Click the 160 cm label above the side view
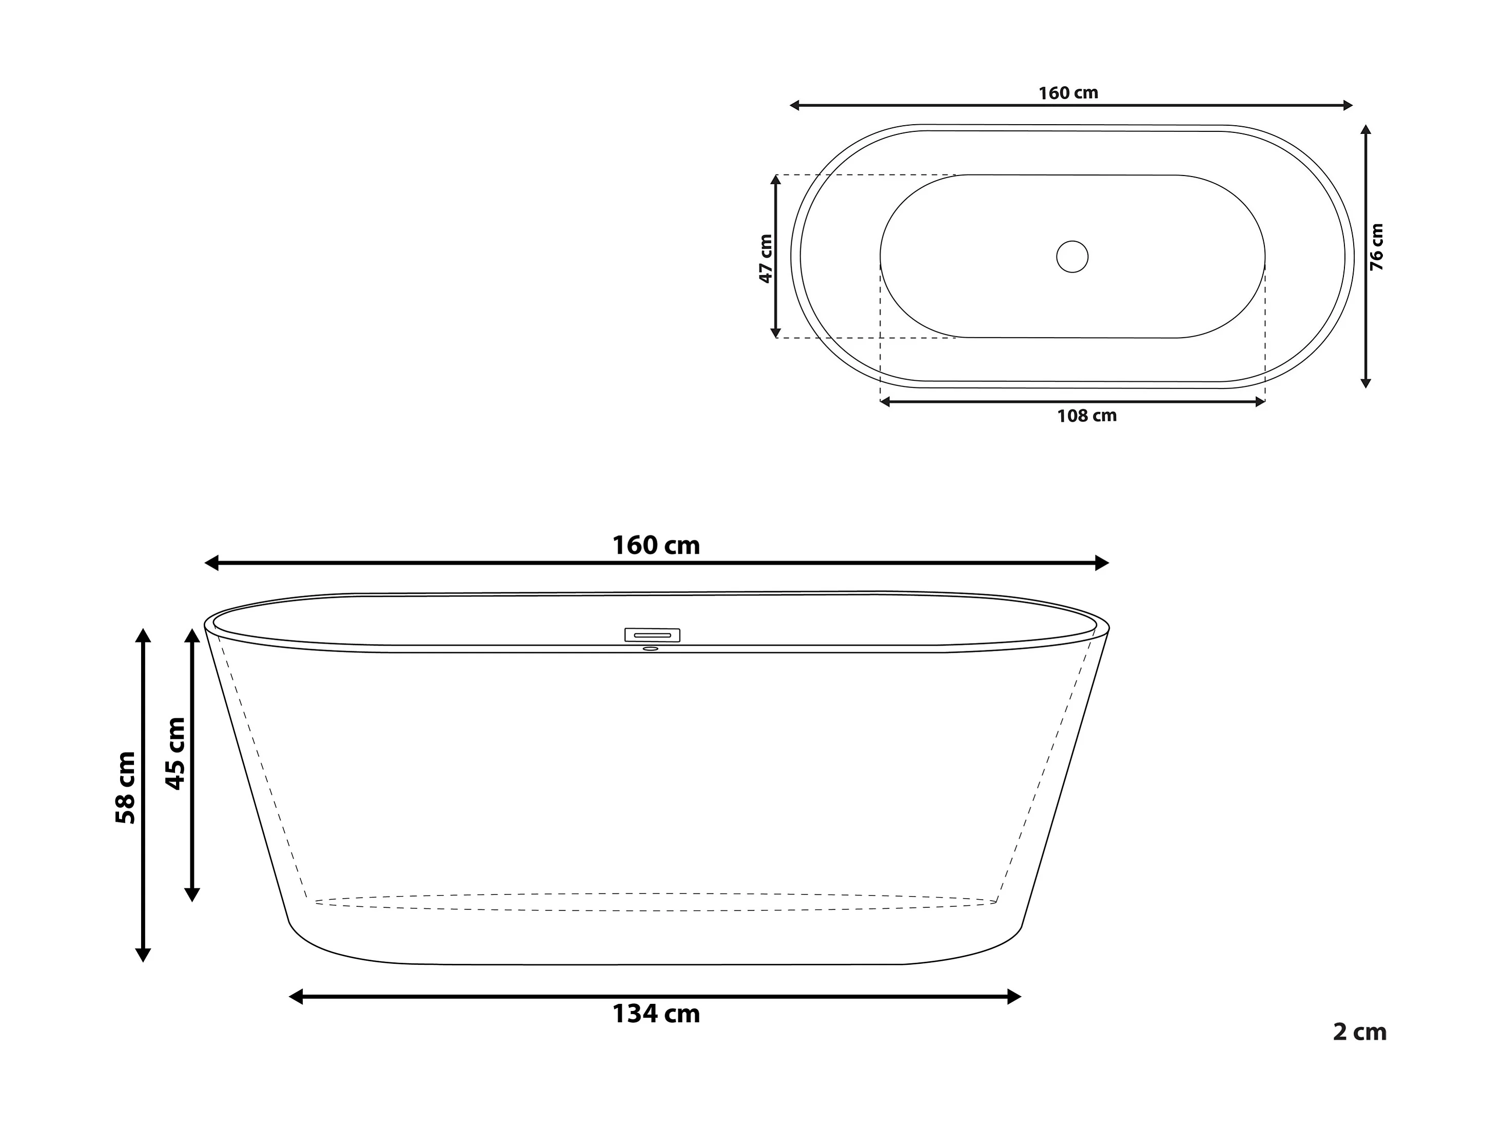656,545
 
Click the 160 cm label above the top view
1068,93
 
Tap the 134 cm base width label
656,1014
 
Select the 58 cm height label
126,788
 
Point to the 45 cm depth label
175,753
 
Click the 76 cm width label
1377,247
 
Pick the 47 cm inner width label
766,258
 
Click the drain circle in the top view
1072,256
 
